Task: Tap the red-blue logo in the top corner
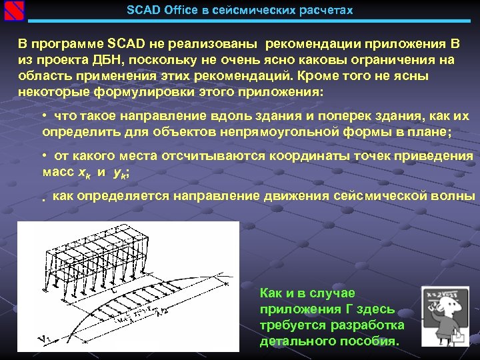13,11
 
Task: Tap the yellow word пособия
375,341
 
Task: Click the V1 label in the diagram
45,339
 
